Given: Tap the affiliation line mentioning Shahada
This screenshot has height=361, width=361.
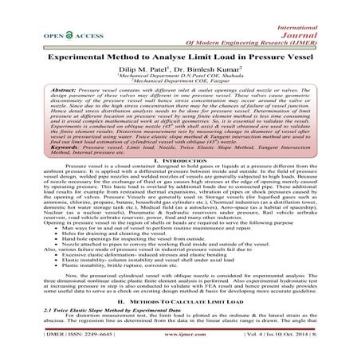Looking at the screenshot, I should tap(179, 80).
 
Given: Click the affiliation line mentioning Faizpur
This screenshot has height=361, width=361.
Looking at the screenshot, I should tap(179, 86).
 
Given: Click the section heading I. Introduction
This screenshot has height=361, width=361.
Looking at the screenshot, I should tap(180, 182).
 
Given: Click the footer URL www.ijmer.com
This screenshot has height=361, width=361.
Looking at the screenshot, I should tap(182, 348).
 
